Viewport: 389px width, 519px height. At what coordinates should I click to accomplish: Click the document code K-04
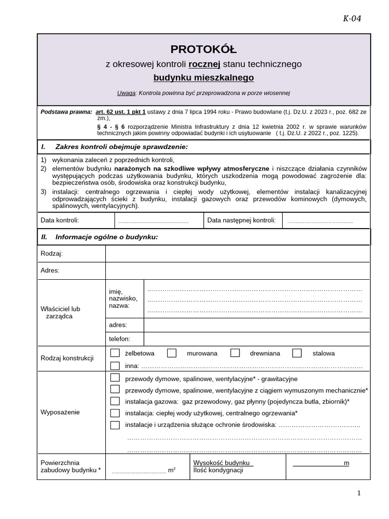352,19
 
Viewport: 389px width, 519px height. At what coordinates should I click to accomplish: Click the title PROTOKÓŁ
203,49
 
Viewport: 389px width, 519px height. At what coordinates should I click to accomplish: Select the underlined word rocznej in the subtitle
205,64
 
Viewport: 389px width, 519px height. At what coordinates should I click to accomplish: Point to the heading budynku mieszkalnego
204,78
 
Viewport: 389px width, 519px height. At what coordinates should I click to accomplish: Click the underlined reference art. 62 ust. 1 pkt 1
121,110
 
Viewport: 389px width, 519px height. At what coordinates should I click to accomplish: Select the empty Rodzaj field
237,253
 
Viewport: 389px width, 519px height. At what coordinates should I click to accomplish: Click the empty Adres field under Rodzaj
237,270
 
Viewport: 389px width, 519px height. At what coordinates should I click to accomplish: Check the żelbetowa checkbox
115,353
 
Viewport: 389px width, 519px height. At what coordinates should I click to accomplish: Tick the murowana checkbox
172,353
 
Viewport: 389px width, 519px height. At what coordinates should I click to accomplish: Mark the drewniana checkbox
235,353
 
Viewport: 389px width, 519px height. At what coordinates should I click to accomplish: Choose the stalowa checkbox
297,353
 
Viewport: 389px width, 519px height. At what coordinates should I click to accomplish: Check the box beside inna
115,366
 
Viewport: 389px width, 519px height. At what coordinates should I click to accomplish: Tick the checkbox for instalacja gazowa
115,401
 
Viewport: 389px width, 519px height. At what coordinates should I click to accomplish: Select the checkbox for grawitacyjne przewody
115,378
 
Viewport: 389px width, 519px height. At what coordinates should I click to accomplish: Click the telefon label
120,339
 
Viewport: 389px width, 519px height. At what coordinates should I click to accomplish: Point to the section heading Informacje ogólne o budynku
106,237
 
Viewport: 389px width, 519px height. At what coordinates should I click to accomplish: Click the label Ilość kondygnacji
218,470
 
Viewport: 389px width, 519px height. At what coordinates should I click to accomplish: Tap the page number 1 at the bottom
359,493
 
